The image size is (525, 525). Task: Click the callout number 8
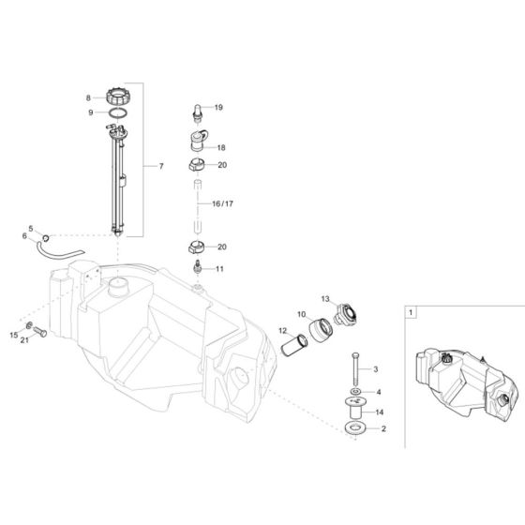point(89,97)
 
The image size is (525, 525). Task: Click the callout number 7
point(160,166)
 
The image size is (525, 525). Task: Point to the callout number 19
point(218,107)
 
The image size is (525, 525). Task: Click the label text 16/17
point(222,201)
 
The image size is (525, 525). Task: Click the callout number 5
point(30,229)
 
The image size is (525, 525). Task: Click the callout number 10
point(302,314)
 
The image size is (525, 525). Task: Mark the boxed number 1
point(413,308)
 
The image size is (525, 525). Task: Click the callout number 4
point(379,391)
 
